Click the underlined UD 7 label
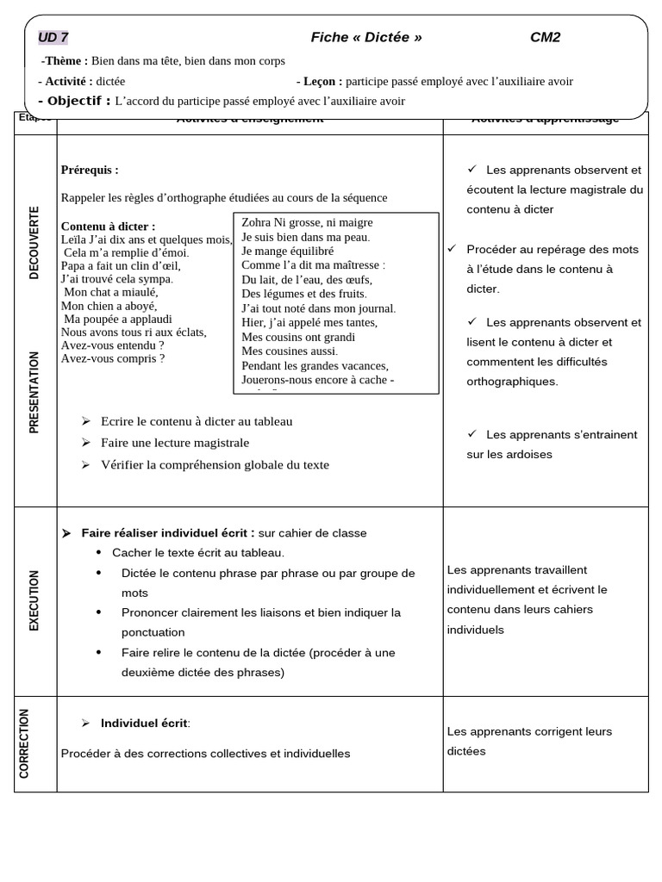point(53,37)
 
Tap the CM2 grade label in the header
point(545,37)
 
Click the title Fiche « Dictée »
point(366,37)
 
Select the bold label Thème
point(66,60)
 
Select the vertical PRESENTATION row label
point(34,392)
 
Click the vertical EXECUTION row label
point(34,600)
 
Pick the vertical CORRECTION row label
point(24,742)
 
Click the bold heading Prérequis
point(90,170)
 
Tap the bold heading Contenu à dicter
point(108,227)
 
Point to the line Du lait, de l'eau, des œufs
point(307,279)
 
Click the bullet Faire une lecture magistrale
point(175,443)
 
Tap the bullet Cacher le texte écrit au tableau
point(198,552)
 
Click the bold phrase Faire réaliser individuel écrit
point(168,533)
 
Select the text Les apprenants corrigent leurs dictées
point(529,741)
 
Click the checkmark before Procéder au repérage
point(452,249)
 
